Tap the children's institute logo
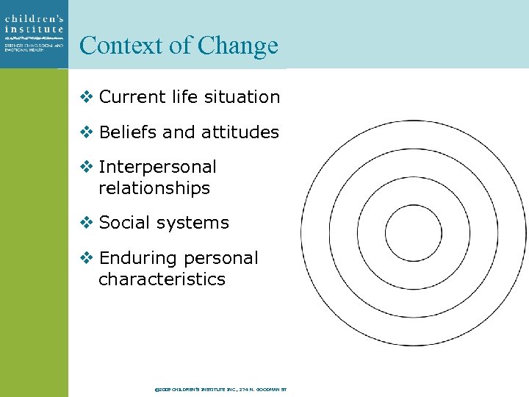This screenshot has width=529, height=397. click(34, 33)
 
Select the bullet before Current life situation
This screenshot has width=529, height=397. click(86, 97)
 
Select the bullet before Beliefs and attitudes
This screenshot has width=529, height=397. click(86, 132)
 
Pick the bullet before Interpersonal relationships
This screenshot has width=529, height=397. click(86, 168)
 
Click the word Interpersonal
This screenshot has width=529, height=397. click(157, 168)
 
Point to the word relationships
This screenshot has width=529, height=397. click(154, 188)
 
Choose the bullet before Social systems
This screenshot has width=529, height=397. click(86, 223)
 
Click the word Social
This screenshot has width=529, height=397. click(122, 223)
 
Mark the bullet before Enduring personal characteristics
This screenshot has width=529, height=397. click(86, 259)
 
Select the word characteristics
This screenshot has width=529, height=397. click(162, 279)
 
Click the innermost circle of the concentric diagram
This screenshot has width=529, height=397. click(413, 233)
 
